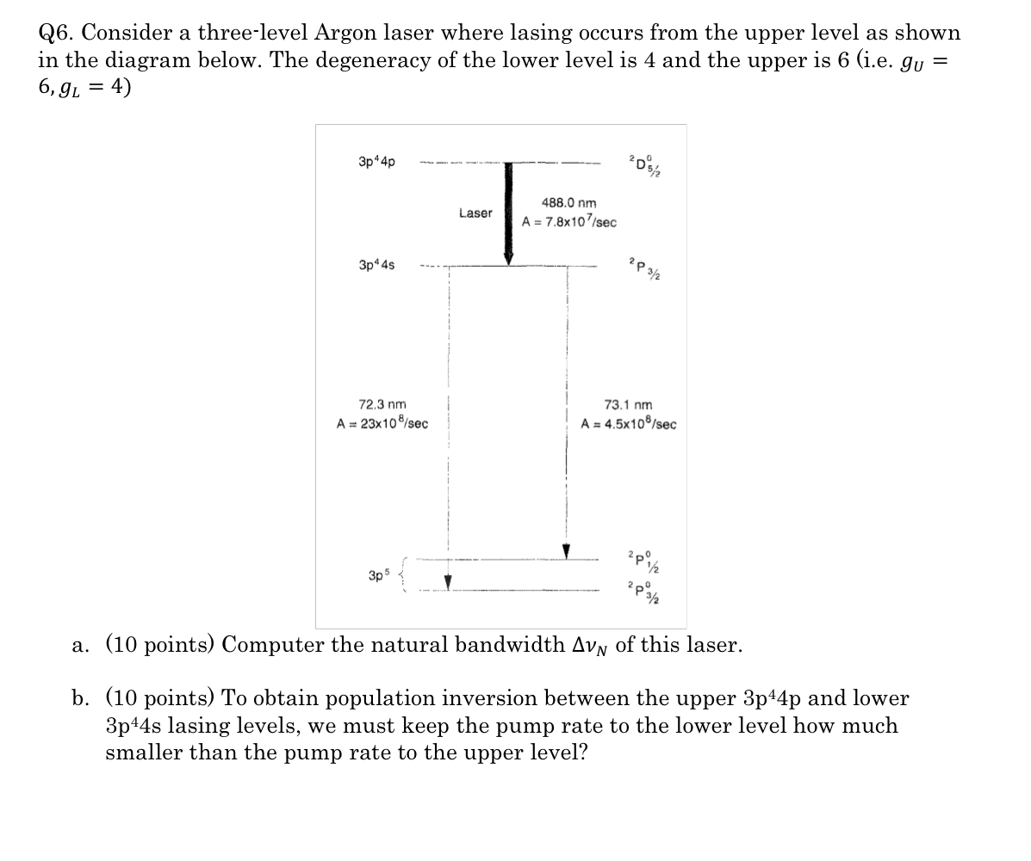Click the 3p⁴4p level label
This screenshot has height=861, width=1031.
coord(376,161)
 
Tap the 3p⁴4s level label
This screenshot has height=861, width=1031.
coord(376,265)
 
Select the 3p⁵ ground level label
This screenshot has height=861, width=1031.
coord(376,575)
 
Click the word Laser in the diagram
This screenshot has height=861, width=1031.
coord(475,213)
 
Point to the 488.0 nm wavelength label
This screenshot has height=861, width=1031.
coord(568,203)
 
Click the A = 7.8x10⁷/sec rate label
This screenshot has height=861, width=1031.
coord(569,222)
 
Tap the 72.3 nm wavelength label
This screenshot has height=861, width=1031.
coord(382,404)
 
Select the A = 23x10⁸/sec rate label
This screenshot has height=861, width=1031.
coord(383,424)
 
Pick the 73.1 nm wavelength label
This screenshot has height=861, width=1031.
coord(629,405)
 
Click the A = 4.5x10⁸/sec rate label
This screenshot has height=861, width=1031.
coord(629,424)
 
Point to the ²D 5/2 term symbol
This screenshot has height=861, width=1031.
coord(642,162)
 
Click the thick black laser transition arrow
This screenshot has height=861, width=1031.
coord(508,211)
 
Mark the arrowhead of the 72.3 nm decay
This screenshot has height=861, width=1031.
coord(448,580)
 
